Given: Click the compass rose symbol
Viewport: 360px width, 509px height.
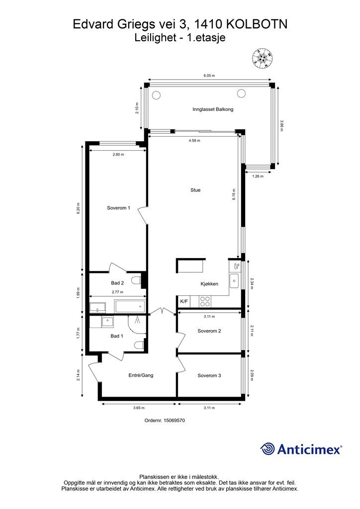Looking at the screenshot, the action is click(x=262, y=59).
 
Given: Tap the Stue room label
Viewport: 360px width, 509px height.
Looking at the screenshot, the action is click(x=195, y=190).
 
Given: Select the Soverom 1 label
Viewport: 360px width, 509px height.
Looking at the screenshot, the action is click(x=118, y=208).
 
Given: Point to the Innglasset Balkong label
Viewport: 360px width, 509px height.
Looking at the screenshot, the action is click(x=213, y=109).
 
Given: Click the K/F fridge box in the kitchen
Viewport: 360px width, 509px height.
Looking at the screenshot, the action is click(x=184, y=302).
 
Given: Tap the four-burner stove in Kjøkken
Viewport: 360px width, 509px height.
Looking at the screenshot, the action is click(x=204, y=302).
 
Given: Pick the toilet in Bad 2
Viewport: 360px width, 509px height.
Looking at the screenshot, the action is click(x=137, y=280).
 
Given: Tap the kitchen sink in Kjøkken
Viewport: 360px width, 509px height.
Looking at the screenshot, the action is click(x=234, y=281).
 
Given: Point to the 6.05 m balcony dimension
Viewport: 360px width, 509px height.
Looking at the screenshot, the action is click(x=209, y=76).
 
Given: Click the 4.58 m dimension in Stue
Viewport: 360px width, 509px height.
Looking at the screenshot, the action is click(x=194, y=141).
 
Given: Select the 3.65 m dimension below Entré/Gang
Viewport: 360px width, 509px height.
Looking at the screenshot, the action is click(x=139, y=408).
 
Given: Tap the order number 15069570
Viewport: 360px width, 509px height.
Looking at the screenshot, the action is click(x=175, y=421).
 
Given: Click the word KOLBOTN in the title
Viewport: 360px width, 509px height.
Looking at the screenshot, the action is click(x=257, y=24).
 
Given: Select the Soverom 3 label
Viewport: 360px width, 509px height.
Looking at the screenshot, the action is click(x=209, y=376).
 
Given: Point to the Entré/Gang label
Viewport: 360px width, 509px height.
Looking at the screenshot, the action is click(x=141, y=375).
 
